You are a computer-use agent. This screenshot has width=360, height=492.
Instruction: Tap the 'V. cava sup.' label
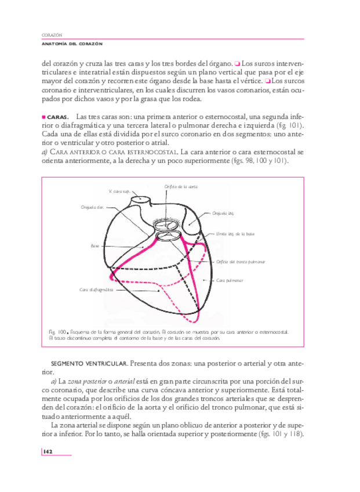(x=118, y=190)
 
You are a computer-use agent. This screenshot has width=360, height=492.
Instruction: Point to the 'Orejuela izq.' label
(x=223, y=214)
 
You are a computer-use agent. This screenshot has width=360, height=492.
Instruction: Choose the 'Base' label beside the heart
(x=94, y=246)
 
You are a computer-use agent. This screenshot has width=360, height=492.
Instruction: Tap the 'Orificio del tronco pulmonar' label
(x=241, y=262)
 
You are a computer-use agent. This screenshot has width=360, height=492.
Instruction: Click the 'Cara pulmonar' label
(x=230, y=280)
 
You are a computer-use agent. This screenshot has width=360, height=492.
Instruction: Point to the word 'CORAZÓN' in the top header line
(x=53, y=35)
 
